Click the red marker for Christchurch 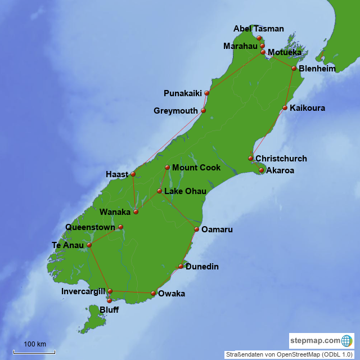251,159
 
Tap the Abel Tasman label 259,29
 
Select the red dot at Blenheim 294,68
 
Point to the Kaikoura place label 307,108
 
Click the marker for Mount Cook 167,167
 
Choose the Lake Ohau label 185,191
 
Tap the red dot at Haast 133,174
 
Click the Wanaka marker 136,212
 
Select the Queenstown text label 90,227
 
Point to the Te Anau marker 89,245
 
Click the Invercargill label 83,291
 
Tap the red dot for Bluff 109,301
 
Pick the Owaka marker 153,293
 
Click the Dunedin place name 202,267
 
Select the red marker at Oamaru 196,229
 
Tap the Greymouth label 176,111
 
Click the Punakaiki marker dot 207,93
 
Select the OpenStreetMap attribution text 289,355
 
